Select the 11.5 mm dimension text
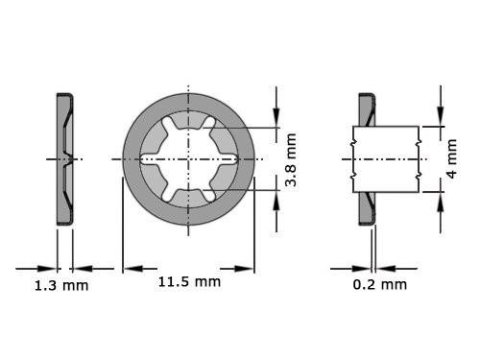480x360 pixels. pos(189,281)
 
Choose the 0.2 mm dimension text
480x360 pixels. pos(380,285)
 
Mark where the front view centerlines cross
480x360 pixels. pos(188,157)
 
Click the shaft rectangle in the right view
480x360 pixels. pos(385,157)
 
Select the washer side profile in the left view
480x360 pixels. pos(64,157)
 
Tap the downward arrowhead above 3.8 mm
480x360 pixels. pos(277,121)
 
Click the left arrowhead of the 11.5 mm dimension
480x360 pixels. pos(128,268)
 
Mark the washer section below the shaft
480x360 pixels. pos(366,206)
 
